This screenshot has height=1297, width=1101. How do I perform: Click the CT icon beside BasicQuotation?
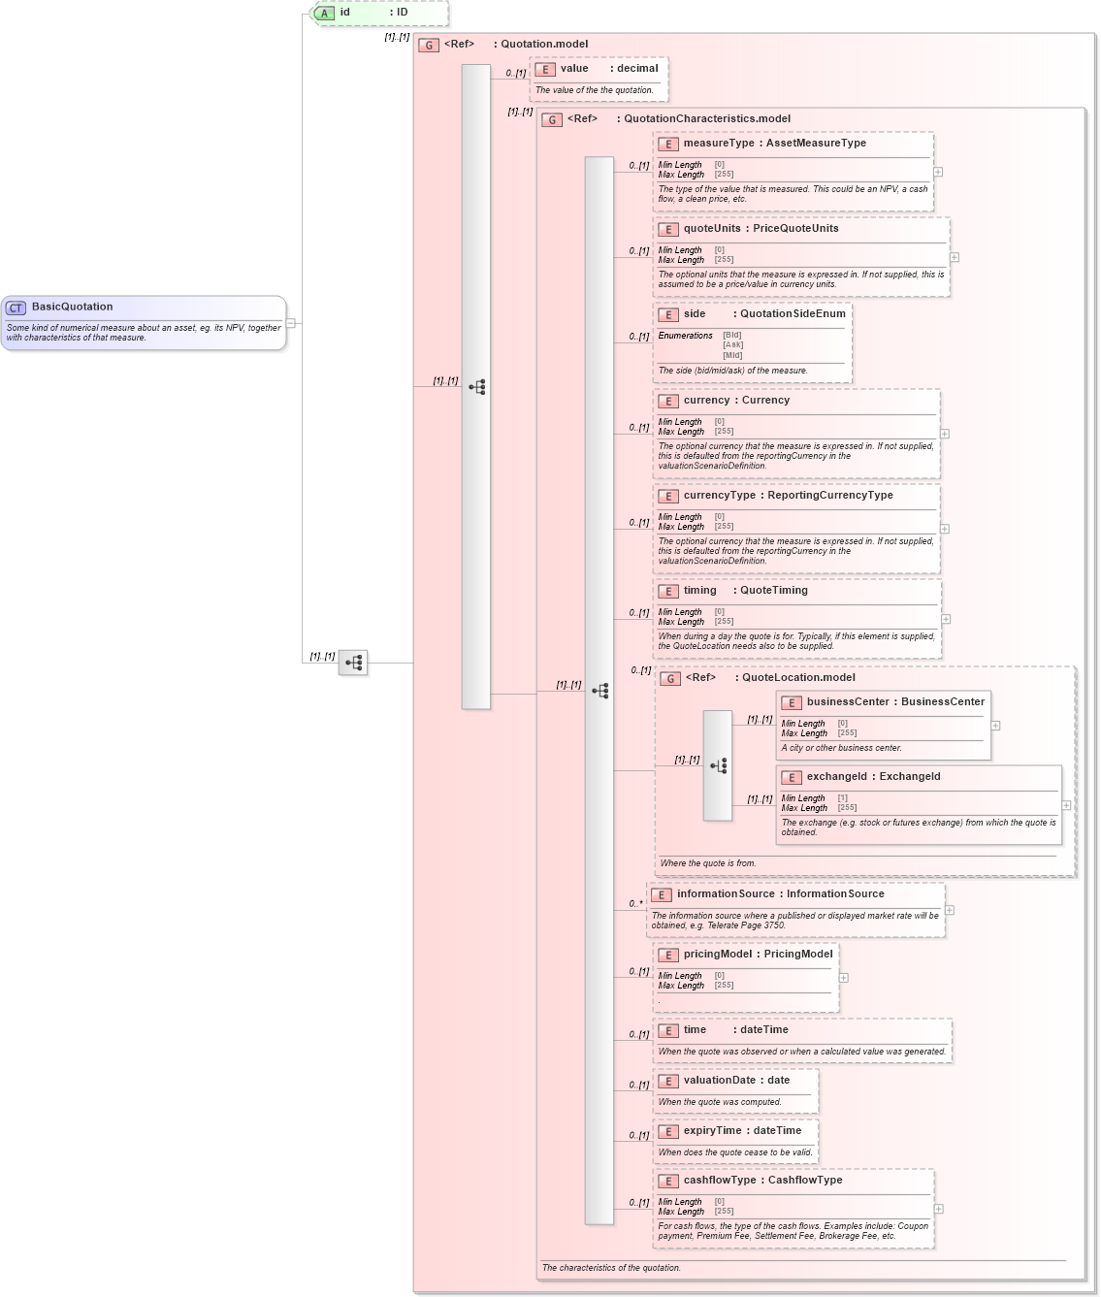tap(16, 308)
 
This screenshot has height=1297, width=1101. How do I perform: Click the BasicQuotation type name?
tap(72, 307)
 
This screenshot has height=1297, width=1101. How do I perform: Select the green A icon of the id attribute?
tap(325, 13)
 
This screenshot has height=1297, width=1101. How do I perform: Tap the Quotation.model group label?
tap(543, 44)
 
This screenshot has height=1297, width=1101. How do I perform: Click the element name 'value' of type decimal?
tap(574, 68)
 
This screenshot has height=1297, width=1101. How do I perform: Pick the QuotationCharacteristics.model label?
tap(706, 118)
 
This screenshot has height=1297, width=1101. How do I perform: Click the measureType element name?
tap(718, 143)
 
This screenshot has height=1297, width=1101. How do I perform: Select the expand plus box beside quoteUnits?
tap(955, 257)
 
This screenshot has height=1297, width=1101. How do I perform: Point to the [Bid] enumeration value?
tap(732, 335)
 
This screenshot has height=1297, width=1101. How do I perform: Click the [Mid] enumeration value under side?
tap(732, 355)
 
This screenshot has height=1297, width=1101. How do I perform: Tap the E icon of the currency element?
tap(667, 401)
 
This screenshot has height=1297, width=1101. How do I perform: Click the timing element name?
tap(699, 590)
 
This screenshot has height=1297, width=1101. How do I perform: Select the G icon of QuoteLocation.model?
tap(670, 678)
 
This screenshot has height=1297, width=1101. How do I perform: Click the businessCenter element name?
tap(847, 701)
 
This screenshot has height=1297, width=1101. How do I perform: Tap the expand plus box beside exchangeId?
tap(1066, 805)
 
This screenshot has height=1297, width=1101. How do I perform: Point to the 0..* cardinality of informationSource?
tap(635, 903)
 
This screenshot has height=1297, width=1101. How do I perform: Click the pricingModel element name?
tap(718, 954)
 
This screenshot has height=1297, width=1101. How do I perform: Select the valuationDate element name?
tap(719, 1080)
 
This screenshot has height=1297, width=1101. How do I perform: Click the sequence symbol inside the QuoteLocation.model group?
tap(718, 765)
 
